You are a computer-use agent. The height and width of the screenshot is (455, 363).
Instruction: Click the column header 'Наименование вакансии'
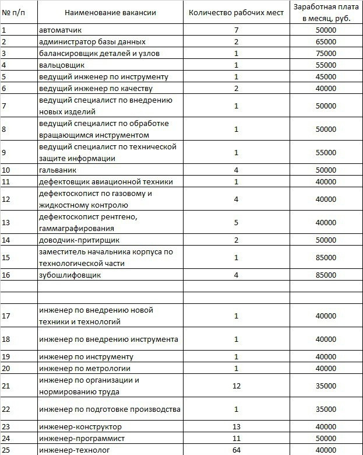111,12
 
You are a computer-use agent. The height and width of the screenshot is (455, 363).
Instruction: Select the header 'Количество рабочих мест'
237,12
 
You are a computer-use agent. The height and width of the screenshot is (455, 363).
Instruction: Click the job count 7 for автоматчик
237,30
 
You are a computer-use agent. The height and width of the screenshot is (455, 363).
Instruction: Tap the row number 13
6,222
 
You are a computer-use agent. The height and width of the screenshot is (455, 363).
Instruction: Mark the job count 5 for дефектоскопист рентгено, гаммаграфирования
237,222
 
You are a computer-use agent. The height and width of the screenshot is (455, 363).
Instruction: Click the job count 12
237,386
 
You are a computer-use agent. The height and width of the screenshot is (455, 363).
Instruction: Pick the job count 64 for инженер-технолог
237,450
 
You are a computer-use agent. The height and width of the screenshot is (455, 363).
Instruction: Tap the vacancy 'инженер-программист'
82,438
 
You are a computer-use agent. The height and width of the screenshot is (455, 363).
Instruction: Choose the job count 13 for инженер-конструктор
237,426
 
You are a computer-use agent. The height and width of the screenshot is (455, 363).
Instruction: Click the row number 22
6,409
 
